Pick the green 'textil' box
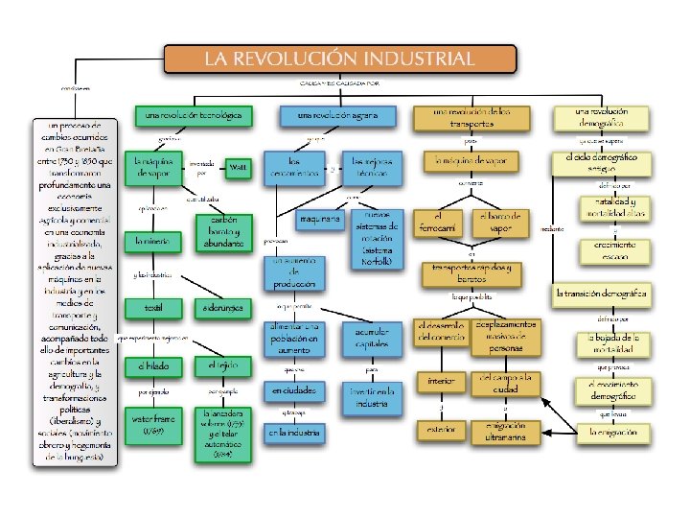(153, 309)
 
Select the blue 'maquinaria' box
(319, 220)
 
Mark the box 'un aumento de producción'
(294, 272)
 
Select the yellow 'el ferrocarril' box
(440, 222)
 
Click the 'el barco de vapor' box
(502, 222)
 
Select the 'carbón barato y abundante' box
(222, 231)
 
